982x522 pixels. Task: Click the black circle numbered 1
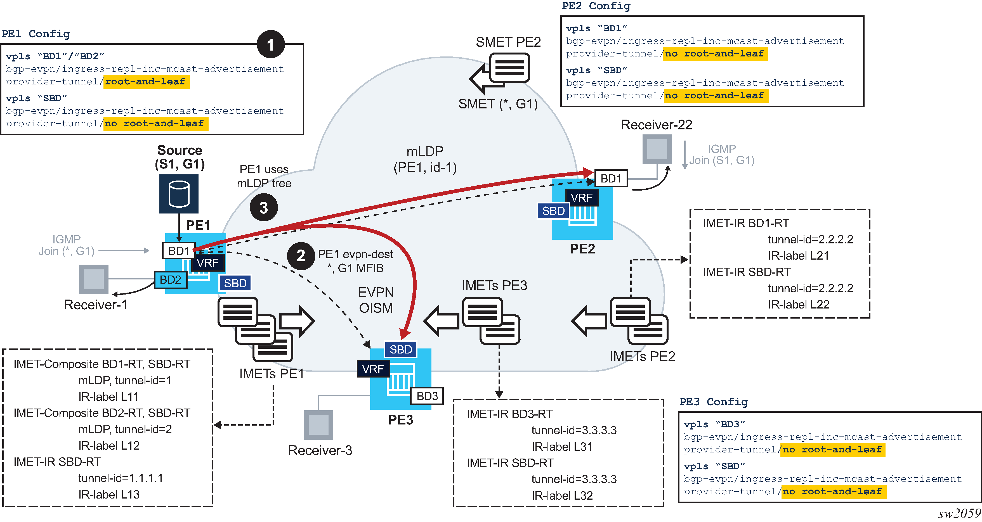click(x=271, y=44)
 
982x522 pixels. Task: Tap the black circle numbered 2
click(x=301, y=256)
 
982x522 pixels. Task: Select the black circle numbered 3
click(x=264, y=207)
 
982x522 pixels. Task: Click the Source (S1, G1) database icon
click(x=179, y=194)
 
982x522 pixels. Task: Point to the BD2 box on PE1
click(x=170, y=280)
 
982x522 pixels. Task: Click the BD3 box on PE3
click(x=427, y=396)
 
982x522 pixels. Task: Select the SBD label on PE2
click(x=553, y=211)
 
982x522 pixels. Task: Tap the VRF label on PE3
click(x=373, y=369)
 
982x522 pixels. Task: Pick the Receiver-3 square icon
click(x=318, y=424)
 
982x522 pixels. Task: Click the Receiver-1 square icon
click(x=93, y=279)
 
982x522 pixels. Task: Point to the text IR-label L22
click(x=799, y=304)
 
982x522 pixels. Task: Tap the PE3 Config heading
click(x=714, y=402)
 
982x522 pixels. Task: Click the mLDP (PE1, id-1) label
click(x=425, y=159)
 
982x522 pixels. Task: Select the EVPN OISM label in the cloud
click(x=376, y=300)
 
